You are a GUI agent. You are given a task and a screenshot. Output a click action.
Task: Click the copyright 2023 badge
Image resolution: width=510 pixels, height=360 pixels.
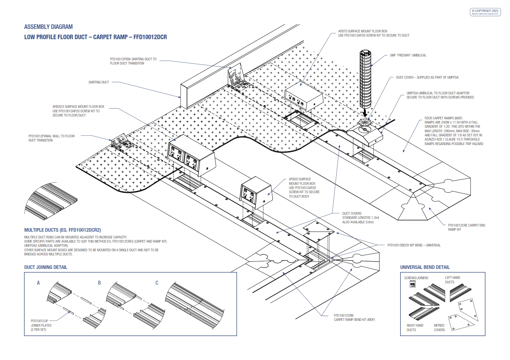pos(485,12)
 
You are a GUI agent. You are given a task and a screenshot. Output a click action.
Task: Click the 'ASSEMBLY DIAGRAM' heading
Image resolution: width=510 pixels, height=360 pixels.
pos(48,27)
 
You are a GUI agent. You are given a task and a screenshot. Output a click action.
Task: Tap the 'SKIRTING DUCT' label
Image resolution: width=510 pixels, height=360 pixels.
pos(99,82)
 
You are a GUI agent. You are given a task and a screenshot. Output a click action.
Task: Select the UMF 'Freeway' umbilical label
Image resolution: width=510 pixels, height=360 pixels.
pos(408,56)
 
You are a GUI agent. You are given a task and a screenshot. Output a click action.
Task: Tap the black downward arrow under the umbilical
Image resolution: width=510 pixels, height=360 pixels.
pos(365,113)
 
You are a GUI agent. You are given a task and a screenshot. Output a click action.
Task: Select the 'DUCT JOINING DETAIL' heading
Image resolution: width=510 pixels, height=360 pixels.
pos(46,267)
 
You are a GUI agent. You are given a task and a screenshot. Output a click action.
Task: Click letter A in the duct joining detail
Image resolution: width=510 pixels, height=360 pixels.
pos(38,283)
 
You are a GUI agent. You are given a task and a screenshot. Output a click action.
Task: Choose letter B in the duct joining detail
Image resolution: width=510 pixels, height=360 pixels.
pos(99,283)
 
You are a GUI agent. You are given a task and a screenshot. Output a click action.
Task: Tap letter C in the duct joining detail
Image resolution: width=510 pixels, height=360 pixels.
pos(157,283)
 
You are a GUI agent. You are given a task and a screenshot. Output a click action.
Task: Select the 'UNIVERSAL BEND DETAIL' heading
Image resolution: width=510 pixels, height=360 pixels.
pos(425,267)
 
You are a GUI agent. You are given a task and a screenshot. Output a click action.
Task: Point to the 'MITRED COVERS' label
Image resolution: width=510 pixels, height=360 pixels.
pos(439,328)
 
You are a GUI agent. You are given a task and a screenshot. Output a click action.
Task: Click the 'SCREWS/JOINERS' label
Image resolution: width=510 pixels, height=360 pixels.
pos(416,278)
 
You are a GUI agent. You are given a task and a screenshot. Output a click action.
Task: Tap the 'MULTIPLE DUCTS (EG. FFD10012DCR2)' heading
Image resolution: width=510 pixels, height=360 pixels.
pos(62,230)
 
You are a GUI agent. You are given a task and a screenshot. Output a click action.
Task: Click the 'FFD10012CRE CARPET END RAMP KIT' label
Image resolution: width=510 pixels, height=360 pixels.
pos(466,227)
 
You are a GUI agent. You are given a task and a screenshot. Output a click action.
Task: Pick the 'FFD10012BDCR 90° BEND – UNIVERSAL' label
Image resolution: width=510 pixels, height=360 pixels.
pos(414,245)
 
